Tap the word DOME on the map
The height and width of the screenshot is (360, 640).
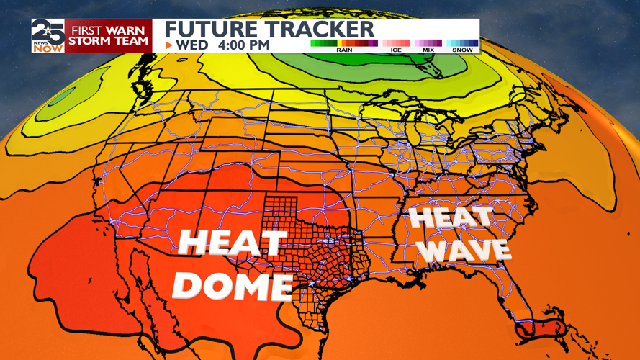coord(233,286)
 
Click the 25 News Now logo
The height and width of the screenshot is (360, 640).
coord(48,35)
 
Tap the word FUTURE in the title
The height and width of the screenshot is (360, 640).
coord(207,30)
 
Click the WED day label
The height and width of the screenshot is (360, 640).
coord(193,45)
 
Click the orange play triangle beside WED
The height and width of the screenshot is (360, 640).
coord(169,45)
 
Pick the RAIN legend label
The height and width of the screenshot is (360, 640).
coord(344,50)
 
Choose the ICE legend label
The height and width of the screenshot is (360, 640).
coord(395,50)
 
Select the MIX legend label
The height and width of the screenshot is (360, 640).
coord(428,50)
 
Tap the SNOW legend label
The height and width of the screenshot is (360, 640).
coord(462,50)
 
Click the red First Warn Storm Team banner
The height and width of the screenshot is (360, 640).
coord(109,35)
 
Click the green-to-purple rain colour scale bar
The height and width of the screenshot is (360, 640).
coord(344,43)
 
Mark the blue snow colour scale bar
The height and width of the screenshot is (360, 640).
coord(462,43)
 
